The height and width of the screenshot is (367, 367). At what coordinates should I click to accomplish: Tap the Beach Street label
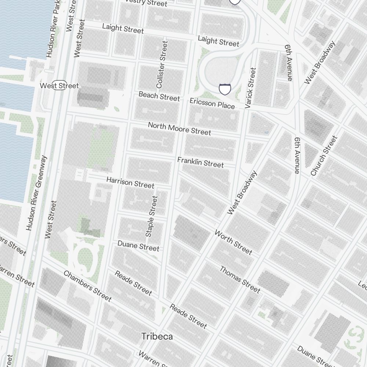159,96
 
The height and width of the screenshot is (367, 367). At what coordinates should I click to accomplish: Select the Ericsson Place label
212,103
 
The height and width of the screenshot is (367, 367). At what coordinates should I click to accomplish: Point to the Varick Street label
250,88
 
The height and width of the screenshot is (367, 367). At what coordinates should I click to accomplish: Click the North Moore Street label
179,128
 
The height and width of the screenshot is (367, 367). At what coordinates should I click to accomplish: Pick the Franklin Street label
200,162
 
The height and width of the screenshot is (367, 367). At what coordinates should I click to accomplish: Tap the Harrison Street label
130,182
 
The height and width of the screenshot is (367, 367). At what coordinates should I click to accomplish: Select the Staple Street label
151,216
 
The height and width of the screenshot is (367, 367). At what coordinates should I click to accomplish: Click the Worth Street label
233,242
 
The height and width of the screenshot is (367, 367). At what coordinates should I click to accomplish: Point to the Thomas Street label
240,280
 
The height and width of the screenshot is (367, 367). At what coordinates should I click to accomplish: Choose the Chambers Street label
87,286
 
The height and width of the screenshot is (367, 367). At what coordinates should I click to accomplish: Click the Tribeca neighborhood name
157,337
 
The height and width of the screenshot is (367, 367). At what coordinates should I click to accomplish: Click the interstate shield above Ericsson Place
225,89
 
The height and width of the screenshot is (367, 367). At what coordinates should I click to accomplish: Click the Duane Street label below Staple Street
138,246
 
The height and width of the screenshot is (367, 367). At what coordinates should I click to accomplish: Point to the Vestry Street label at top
146,3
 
